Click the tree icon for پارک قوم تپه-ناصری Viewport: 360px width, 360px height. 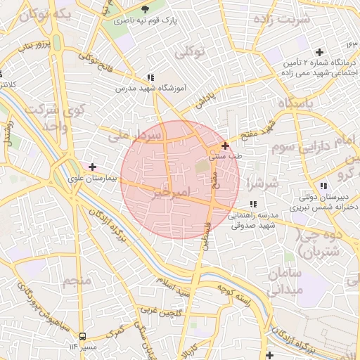pyautogui.click(x=146, y=9)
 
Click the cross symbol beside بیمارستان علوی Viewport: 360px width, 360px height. pyautogui.click(x=92, y=166)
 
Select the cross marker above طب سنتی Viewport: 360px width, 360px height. pyautogui.click(x=225, y=146)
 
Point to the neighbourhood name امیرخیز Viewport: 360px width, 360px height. pyautogui.click(x=171, y=191)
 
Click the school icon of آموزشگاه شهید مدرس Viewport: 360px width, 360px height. pyautogui.click(x=150, y=77)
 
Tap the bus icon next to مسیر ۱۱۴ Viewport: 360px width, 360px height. pyautogui.click(x=83, y=336)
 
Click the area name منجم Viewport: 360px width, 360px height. pyautogui.click(x=77, y=281)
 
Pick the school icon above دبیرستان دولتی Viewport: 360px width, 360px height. pyautogui.click(x=323, y=186)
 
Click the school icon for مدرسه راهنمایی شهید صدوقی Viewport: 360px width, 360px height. pyautogui.click(x=253, y=204)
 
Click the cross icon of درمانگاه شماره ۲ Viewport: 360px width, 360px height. pyautogui.click(x=320, y=52)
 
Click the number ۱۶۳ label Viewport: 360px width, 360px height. pyautogui.click(x=352, y=45)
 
